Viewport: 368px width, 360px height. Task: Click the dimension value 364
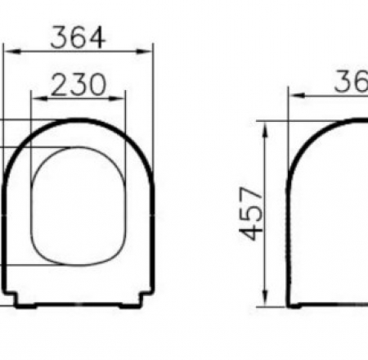tap(79, 38)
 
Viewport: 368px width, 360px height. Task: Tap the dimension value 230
tap(79, 84)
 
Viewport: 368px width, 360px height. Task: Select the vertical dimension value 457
tap(256, 213)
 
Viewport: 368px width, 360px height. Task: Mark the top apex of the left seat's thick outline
tap(79, 121)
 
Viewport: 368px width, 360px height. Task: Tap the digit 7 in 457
tap(256, 193)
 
